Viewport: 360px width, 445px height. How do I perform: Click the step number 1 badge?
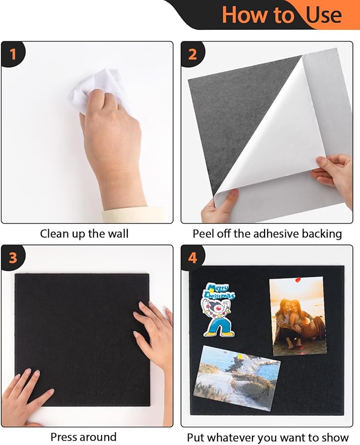13,54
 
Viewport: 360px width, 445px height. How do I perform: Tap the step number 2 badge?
192,54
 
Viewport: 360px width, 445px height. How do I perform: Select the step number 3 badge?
13,258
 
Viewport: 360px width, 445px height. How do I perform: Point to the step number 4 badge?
192,258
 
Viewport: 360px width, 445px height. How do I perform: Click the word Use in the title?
324,15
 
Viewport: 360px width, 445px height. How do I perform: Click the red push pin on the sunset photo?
297,280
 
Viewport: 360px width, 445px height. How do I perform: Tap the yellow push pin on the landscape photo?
240,356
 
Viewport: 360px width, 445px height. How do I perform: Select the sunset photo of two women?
297,316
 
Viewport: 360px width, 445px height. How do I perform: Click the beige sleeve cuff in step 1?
133,215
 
